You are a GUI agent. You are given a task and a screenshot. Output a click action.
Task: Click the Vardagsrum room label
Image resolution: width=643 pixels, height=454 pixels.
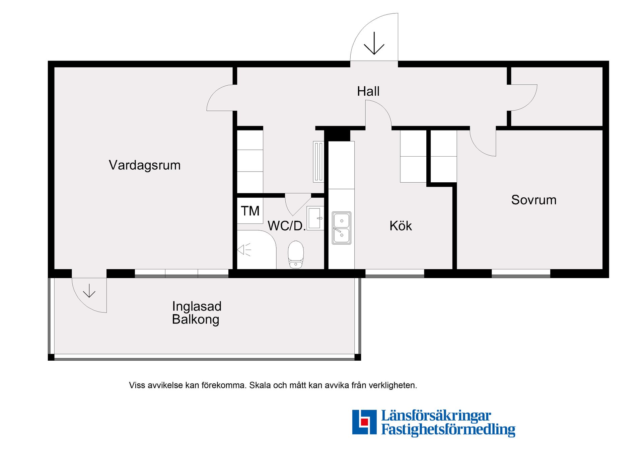click(145, 165)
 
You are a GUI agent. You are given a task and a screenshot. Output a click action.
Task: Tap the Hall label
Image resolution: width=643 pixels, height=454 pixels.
click(368, 91)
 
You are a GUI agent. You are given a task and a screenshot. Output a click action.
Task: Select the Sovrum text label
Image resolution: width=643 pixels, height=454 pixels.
click(533, 200)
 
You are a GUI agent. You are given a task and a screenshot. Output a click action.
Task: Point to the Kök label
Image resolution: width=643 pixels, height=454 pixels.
click(401, 226)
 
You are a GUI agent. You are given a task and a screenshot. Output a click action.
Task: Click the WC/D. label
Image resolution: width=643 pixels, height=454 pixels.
click(287, 226)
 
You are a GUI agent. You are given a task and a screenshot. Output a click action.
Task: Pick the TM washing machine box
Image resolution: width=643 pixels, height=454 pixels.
click(250, 211)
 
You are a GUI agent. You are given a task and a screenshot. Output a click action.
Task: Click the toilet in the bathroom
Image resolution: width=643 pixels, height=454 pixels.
click(296, 254)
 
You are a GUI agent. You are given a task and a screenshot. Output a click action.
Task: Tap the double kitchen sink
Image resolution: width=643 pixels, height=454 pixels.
click(341, 228)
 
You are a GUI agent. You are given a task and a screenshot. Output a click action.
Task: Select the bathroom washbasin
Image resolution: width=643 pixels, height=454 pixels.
click(315, 218)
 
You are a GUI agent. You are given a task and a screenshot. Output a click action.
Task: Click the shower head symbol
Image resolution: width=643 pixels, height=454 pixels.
click(244, 250)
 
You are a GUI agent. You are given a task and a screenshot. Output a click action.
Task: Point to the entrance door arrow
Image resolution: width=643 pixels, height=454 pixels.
click(374, 43)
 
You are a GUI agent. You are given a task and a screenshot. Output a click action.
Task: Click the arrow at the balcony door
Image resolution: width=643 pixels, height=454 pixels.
click(89, 290)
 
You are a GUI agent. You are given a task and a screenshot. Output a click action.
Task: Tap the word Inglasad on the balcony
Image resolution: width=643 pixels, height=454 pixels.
click(197, 306)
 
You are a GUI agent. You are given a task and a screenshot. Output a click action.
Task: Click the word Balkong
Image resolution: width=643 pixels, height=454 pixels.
click(196, 320)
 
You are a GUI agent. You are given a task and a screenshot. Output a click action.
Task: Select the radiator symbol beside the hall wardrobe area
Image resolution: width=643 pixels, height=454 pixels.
click(318, 162)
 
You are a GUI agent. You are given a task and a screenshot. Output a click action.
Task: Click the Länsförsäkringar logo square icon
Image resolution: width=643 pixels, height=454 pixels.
click(364, 422)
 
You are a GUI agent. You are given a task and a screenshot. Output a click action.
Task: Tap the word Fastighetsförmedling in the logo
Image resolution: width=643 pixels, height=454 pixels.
click(448, 430)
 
